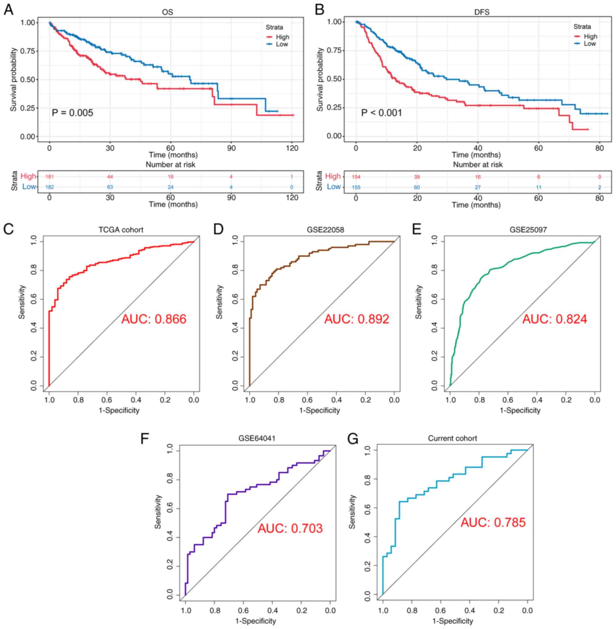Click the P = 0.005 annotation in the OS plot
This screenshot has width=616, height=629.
pyautogui.click(x=72, y=113)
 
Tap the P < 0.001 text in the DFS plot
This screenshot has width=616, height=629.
pyautogui.click(x=382, y=113)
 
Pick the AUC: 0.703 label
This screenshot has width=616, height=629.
pyautogui.click(x=290, y=528)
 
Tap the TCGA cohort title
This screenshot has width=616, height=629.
pyautogui.click(x=121, y=230)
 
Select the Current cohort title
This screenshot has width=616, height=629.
pyautogui.click(x=452, y=438)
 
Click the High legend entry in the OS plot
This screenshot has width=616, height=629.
pyautogui.click(x=282, y=37)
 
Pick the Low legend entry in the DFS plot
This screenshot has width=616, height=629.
pyautogui.click(x=589, y=44)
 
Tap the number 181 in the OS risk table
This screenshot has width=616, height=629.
pyautogui.click(x=49, y=177)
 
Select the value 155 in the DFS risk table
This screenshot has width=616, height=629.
pyautogui.click(x=356, y=187)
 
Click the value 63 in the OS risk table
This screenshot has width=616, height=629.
pyautogui.click(x=110, y=187)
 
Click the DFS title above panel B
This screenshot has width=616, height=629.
pyautogui.click(x=482, y=12)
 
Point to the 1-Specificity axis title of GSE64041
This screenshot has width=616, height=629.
pyautogui.click(x=256, y=621)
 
